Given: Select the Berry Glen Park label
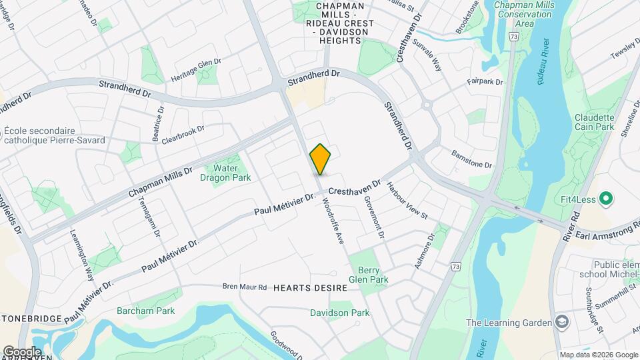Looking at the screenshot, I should (369, 275).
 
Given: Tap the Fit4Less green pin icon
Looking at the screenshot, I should (606, 198).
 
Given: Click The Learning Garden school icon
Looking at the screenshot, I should (562, 323).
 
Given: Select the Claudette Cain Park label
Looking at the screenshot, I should (595, 121).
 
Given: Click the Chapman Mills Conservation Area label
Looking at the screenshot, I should (524, 14).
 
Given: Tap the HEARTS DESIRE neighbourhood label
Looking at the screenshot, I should (311, 288).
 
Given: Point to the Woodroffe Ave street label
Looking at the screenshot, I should (333, 220).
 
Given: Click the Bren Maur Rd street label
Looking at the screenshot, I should (244, 287).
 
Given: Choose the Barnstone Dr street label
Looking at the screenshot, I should (471, 159).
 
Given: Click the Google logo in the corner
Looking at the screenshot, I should (21, 351).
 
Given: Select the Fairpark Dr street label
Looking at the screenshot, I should (485, 82).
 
